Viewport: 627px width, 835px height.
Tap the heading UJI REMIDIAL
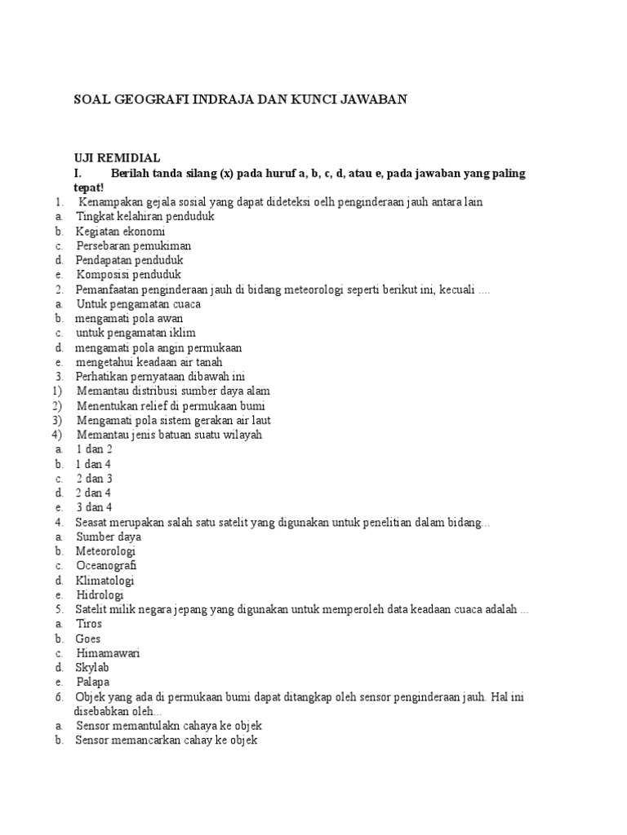tap(117, 158)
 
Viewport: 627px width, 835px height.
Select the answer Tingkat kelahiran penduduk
tap(145, 217)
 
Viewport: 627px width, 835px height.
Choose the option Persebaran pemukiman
tap(134, 245)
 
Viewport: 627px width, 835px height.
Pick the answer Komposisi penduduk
tap(129, 275)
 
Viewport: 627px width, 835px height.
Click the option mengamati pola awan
tap(129, 318)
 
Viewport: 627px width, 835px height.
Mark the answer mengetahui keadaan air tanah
tap(149, 362)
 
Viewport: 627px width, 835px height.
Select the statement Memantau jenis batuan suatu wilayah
tap(169, 435)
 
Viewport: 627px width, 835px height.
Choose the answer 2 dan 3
tap(94, 479)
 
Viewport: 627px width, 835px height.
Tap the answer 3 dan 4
tap(94, 507)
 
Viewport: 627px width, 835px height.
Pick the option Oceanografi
tap(106, 565)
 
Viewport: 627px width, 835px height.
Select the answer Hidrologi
tap(100, 594)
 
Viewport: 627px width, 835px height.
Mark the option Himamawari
tap(109, 653)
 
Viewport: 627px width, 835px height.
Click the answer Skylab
tap(92, 667)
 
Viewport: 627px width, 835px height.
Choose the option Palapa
tap(92, 682)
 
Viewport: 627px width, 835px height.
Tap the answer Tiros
tap(89, 624)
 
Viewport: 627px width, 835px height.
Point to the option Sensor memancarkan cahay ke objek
tap(167, 740)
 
